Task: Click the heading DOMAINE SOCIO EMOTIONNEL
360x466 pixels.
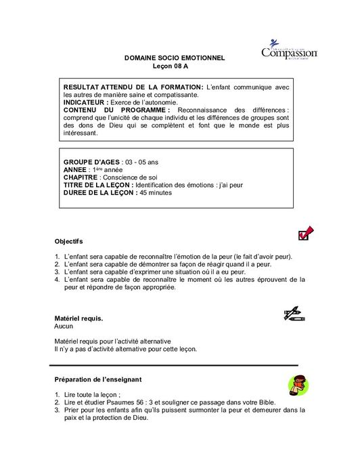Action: [x=175, y=60]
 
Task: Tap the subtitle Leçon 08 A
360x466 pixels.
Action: [x=175, y=68]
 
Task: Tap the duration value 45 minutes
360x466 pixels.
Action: [x=156, y=193]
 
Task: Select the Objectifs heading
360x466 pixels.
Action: [x=68, y=241]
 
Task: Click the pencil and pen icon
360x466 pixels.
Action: [x=294, y=314]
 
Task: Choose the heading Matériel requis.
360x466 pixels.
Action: [x=78, y=318]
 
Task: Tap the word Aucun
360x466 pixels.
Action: [x=64, y=326]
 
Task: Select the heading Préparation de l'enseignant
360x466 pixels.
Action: [x=97, y=379]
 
